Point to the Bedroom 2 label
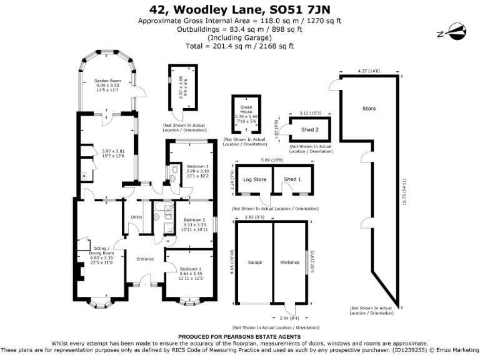194,220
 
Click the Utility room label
136,217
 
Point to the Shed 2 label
310,129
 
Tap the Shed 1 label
292,179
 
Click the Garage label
254,262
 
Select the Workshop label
291,262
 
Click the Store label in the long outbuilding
369,109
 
